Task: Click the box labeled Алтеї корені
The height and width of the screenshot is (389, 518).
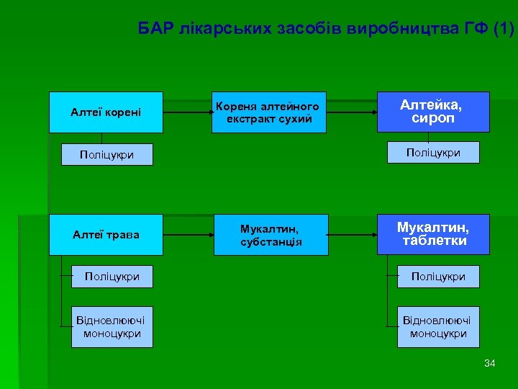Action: [x=106, y=112]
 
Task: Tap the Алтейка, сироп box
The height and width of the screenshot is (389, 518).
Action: [x=433, y=112]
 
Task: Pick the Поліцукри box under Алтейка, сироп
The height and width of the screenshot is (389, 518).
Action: [x=433, y=153]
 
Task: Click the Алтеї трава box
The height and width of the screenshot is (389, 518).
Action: [x=106, y=234]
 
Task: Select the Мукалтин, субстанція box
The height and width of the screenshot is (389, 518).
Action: [x=271, y=234]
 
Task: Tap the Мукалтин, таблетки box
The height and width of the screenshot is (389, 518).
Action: [x=433, y=234]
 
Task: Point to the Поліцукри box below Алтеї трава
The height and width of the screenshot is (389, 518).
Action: [x=112, y=277]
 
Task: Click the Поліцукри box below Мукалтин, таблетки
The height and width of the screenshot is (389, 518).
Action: [x=438, y=277]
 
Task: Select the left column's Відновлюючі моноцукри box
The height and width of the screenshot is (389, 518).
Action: [x=112, y=327]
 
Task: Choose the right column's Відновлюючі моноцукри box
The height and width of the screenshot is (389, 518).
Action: [x=438, y=327]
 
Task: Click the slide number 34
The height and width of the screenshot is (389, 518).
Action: [x=490, y=363]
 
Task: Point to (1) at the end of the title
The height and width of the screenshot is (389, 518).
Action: [x=504, y=30]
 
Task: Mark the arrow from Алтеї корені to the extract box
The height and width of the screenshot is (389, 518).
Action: [x=188, y=112]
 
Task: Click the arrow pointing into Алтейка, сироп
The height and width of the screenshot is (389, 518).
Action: [x=353, y=112]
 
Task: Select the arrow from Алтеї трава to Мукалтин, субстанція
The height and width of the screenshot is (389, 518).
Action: [x=188, y=235]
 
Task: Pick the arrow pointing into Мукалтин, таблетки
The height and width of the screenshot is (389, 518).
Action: [x=353, y=235]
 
